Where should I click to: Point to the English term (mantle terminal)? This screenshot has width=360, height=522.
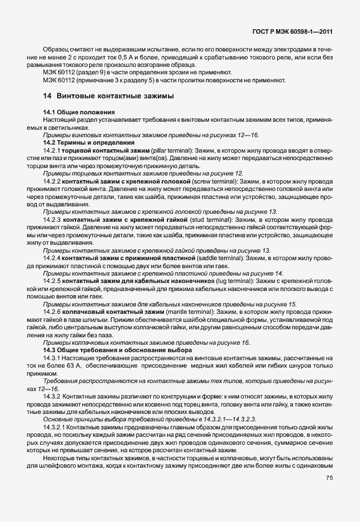[x=189, y=312]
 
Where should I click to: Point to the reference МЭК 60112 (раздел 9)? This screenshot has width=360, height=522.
[x=72, y=73]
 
